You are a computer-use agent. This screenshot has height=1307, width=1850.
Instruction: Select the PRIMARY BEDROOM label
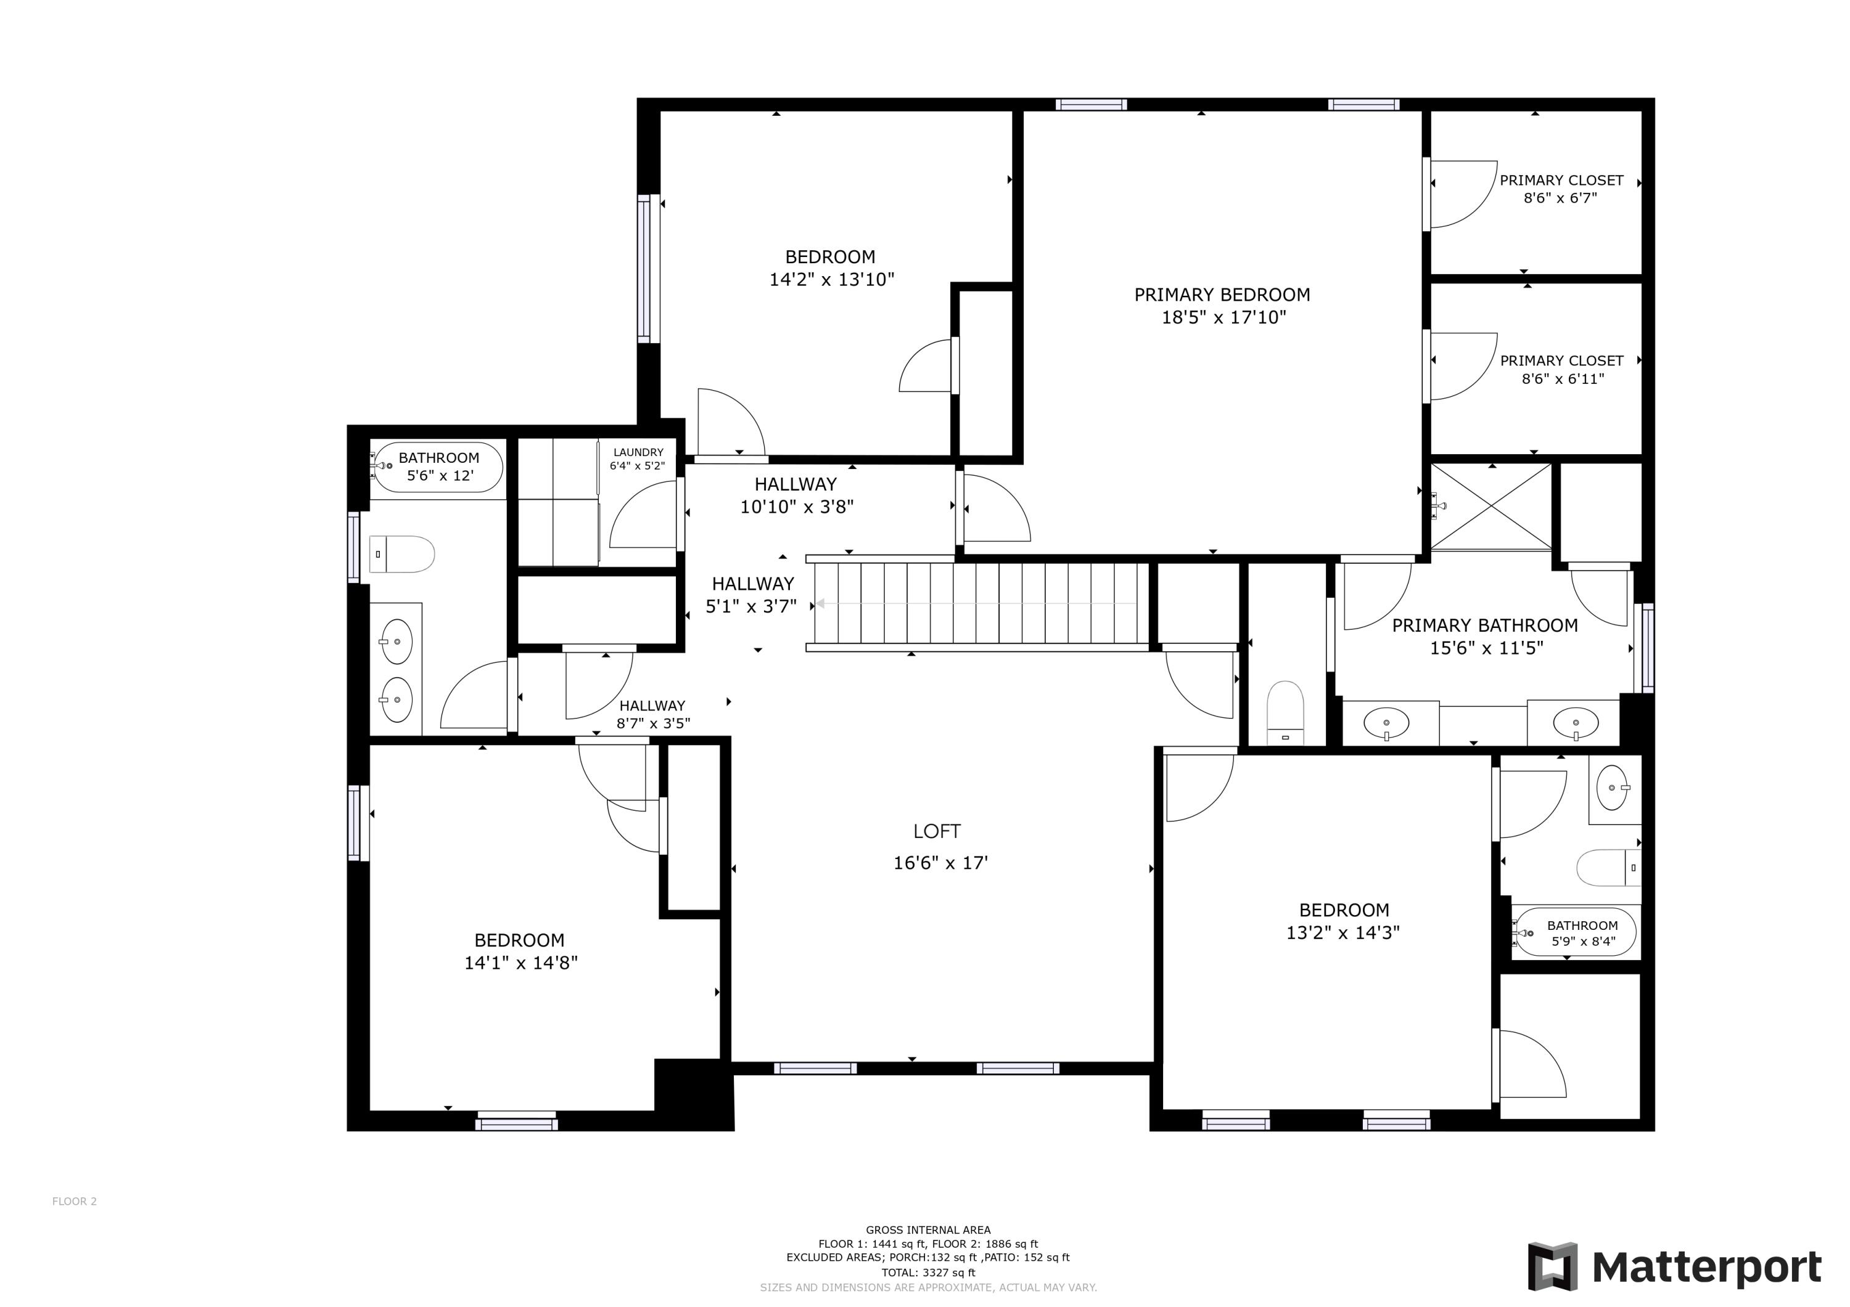pos(1222,295)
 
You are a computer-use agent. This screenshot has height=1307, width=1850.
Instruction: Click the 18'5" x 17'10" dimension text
pos(1223,317)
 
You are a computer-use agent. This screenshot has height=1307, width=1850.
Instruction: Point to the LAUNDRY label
pos(638,452)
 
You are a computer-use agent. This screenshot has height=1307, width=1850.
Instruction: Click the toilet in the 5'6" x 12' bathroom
pos(402,554)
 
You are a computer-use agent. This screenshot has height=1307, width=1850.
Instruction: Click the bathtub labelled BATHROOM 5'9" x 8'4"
pos(1575,932)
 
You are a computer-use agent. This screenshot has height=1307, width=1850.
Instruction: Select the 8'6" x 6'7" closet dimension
pos(1560,198)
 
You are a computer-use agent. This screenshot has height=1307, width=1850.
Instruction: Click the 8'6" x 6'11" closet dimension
pos(1563,378)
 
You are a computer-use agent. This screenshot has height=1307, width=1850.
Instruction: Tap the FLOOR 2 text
pos(74,1202)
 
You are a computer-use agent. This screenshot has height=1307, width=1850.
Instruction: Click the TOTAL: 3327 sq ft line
pos(928,1273)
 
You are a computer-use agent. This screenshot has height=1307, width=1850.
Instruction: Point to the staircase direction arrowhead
pos(819,604)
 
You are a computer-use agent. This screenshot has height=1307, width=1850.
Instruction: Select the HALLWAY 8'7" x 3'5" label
pos(652,714)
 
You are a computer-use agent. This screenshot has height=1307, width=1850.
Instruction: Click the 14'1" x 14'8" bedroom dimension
pos(520,963)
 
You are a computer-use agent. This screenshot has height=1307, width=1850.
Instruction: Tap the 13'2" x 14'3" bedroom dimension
pos(1342,932)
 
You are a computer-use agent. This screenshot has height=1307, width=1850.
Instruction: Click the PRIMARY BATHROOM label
pos(1484,625)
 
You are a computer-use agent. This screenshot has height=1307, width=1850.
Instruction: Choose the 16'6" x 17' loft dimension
pos(940,863)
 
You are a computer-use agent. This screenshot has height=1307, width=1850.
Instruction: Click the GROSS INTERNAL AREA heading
pos(928,1230)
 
